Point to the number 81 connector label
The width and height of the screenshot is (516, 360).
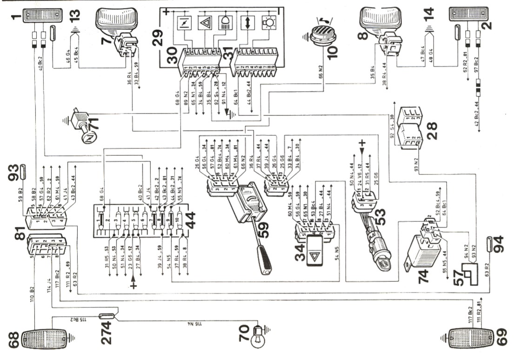[x=20, y=234]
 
